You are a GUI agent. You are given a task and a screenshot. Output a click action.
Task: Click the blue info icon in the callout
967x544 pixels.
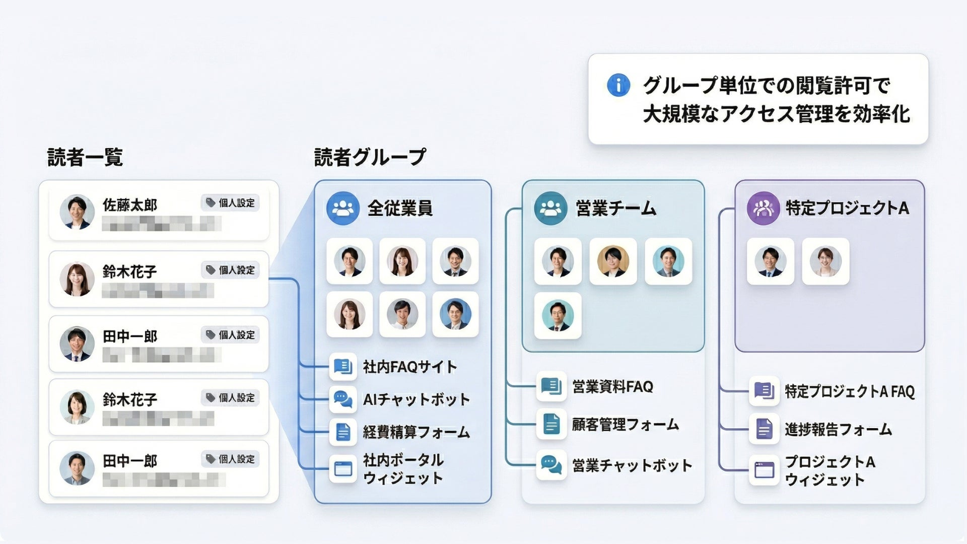tap(618, 85)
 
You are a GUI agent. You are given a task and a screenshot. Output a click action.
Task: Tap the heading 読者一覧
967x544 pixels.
tap(85, 158)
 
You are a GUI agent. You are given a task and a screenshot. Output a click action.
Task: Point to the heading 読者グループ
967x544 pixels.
tap(370, 158)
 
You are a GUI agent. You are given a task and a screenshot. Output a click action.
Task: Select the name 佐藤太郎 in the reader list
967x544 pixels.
tap(130, 205)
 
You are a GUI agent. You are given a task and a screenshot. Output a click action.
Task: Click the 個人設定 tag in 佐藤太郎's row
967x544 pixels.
tap(231, 203)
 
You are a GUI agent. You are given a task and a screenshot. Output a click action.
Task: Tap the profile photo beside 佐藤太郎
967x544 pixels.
tap(77, 212)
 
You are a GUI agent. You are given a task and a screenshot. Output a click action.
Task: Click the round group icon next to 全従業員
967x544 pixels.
tap(343, 208)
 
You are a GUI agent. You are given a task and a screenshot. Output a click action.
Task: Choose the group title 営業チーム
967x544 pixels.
tap(615, 208)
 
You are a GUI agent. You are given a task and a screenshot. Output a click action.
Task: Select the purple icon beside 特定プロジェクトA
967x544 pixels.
tap(763, 208)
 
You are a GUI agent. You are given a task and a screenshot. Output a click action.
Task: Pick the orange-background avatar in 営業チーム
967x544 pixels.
tap(613, 262)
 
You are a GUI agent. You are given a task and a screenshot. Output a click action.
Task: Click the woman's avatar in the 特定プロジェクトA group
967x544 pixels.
tap(825, 262)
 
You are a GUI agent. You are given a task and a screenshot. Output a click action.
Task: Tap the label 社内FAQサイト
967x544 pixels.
tap(410, 367)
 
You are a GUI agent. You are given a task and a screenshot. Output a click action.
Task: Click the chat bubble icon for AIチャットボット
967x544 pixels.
tap(343, 399)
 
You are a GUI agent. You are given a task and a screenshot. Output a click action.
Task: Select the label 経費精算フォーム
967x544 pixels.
tap(416, 432)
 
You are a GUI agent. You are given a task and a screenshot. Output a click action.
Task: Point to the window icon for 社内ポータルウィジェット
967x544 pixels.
tap(343, 469)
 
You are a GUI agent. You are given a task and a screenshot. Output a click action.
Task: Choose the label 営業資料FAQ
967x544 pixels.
tap(612, 387)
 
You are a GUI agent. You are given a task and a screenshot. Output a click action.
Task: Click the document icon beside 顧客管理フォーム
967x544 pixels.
tap(551, 425)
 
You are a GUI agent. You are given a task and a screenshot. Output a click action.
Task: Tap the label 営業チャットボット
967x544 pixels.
tap(632, 465)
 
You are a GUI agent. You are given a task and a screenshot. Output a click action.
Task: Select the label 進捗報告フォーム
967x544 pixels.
tap(838, 430)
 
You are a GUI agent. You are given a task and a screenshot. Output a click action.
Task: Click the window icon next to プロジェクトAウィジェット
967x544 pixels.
tap(764, 470)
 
